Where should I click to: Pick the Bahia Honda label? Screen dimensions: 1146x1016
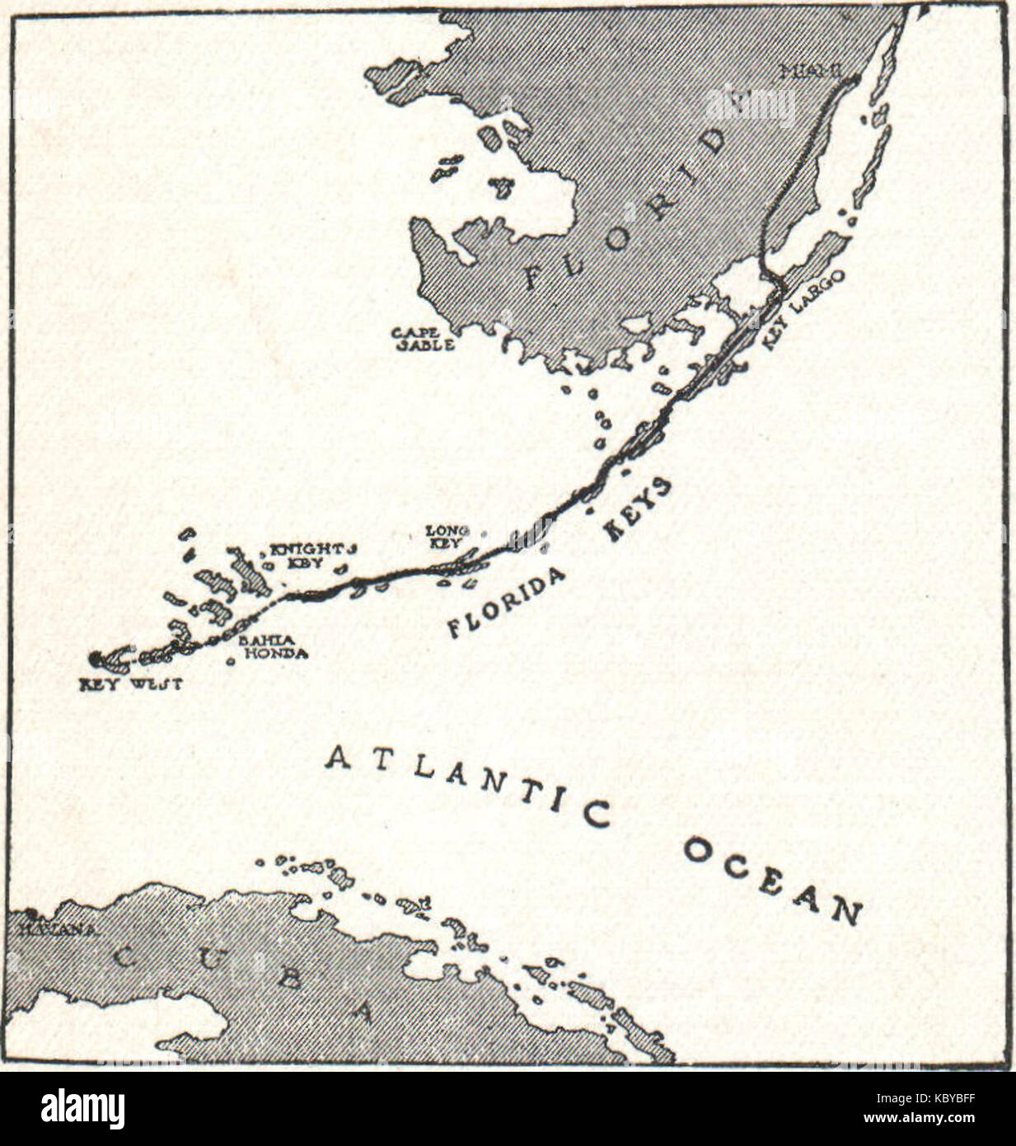coord(272,647)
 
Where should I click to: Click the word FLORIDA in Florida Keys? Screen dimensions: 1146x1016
coord(507,603)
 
